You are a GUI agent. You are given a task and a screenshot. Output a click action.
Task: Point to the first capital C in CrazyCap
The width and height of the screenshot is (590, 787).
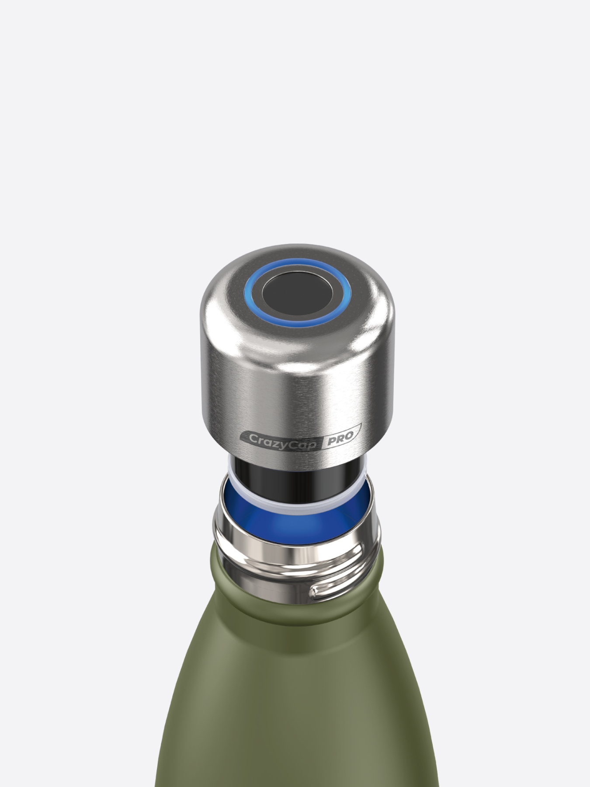(x=253, y=438)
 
